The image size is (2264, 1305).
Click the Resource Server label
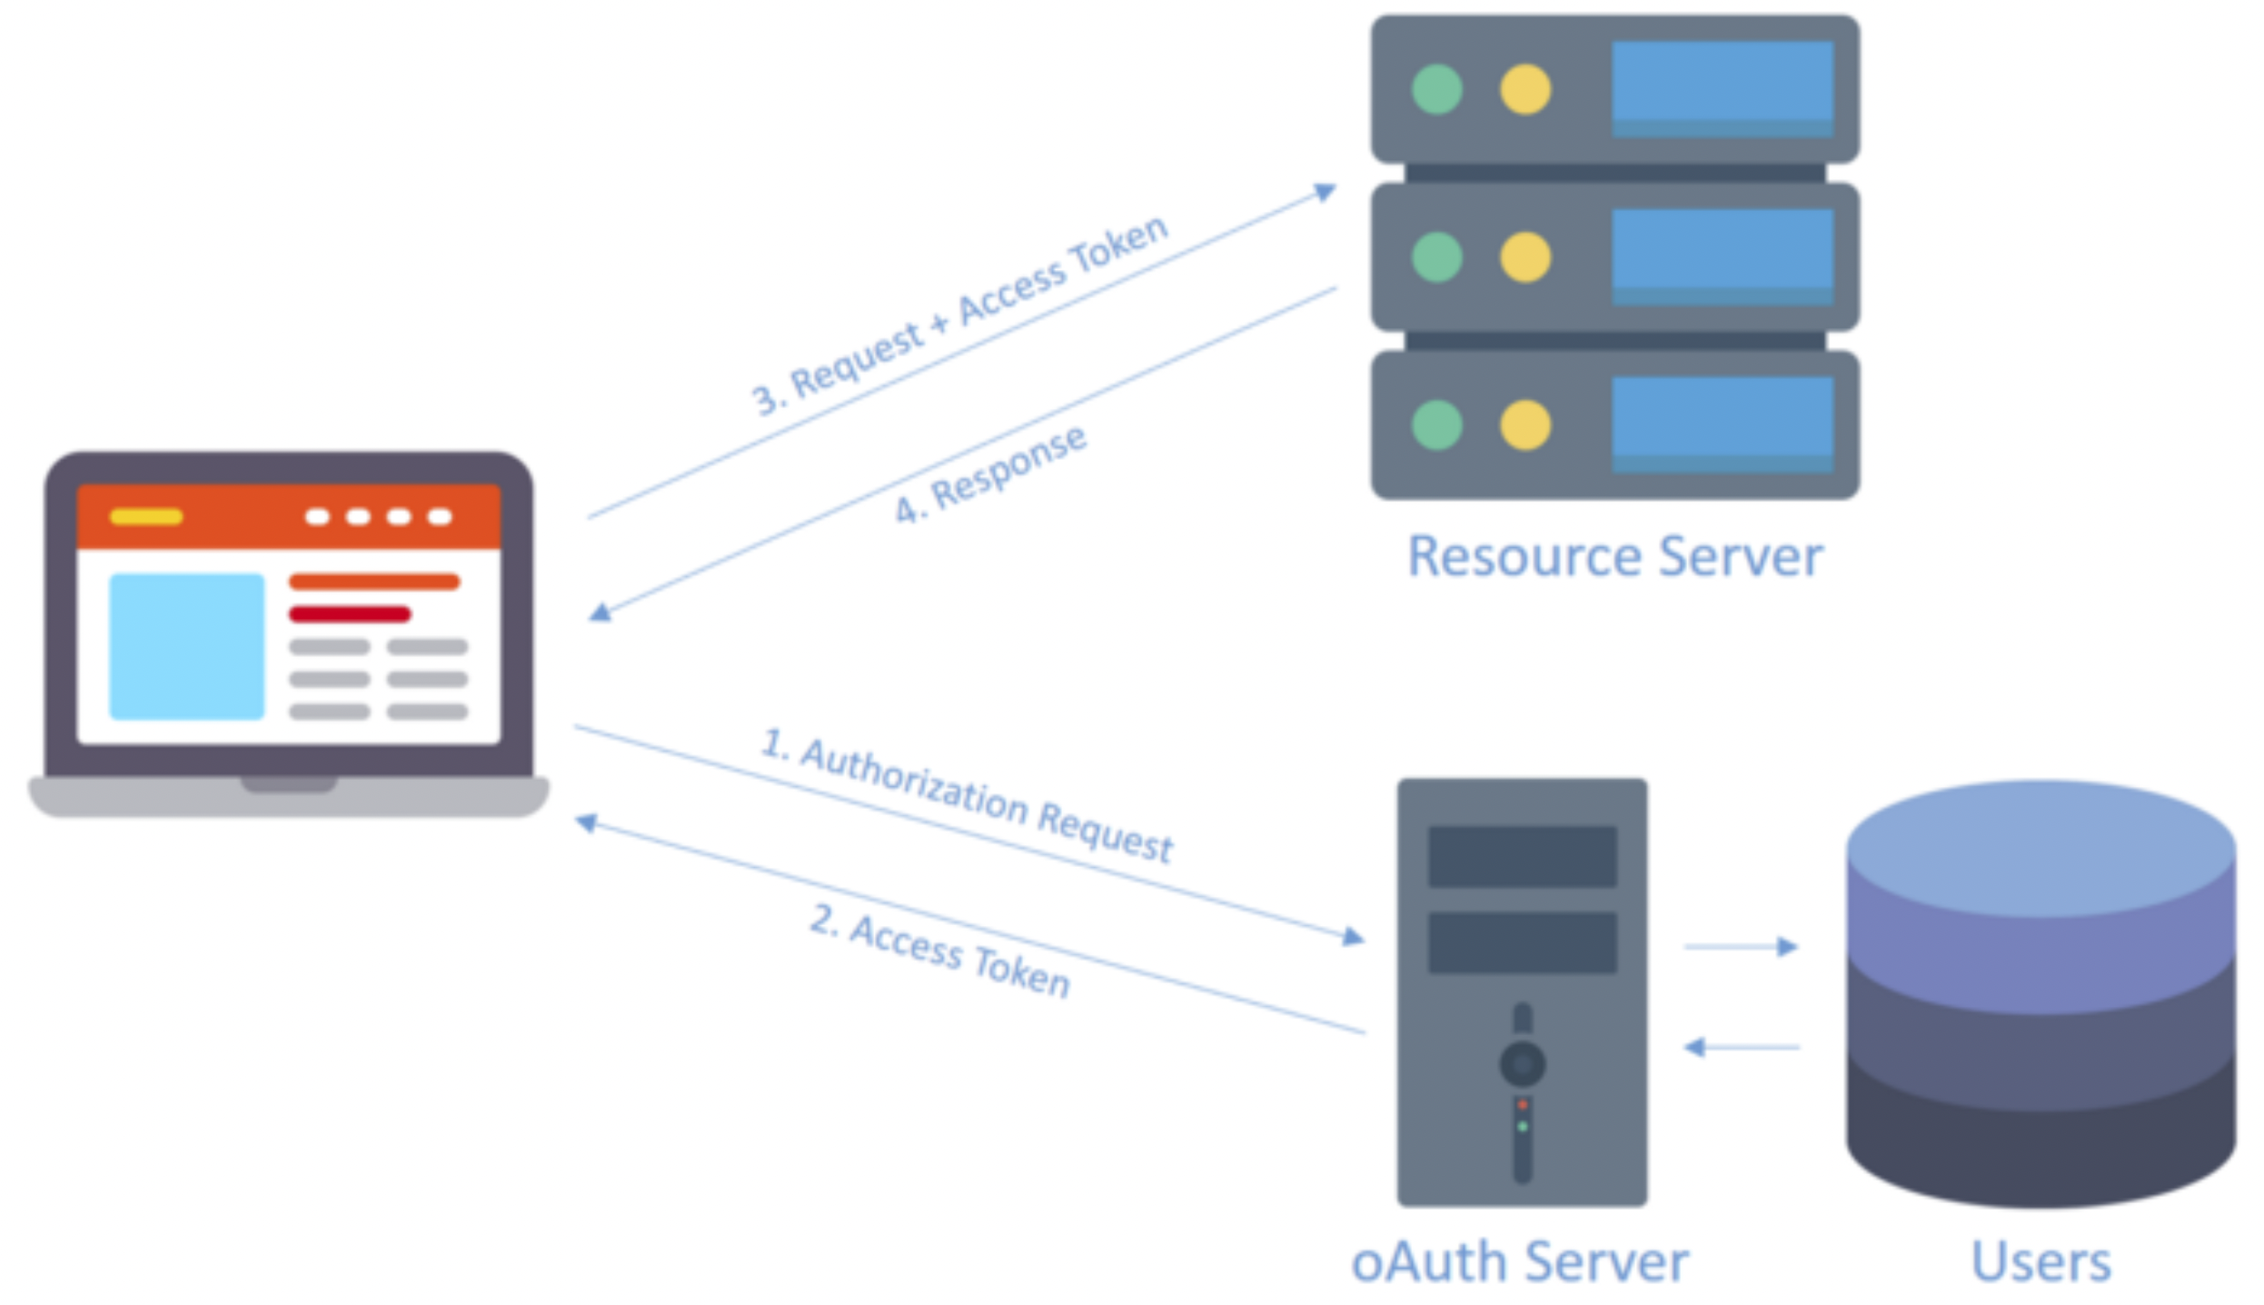click(x=1614, y=556)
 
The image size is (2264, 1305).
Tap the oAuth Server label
click(x=1519, y=1262)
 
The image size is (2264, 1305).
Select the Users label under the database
click(x=2041, y=1262)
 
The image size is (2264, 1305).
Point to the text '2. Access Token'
click(x=940, y=951)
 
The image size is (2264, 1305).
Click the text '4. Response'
click(x=991, y=474)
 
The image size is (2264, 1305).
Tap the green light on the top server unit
click(x=1437, y=89)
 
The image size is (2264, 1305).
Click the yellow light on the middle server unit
click(x=1524, y=257)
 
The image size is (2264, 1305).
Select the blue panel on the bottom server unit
click(x=1722, y=424)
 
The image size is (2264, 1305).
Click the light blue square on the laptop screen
click(x=186, y=646)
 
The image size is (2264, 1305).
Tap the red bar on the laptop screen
click(x=350, y=614)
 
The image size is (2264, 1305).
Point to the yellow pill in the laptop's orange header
click(x=146, y=517)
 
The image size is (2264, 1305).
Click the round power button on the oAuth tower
click(x=1523, y=1064)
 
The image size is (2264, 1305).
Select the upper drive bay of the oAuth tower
click(x=1522, y=856)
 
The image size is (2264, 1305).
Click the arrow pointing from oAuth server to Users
click(x=1741, y=947)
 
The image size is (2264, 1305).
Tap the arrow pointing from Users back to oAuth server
click(x=1741, y=1048)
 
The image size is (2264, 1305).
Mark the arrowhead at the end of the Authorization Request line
click(x=1354, y=937)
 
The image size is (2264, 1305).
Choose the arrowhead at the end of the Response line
click(x=600, y=613)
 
